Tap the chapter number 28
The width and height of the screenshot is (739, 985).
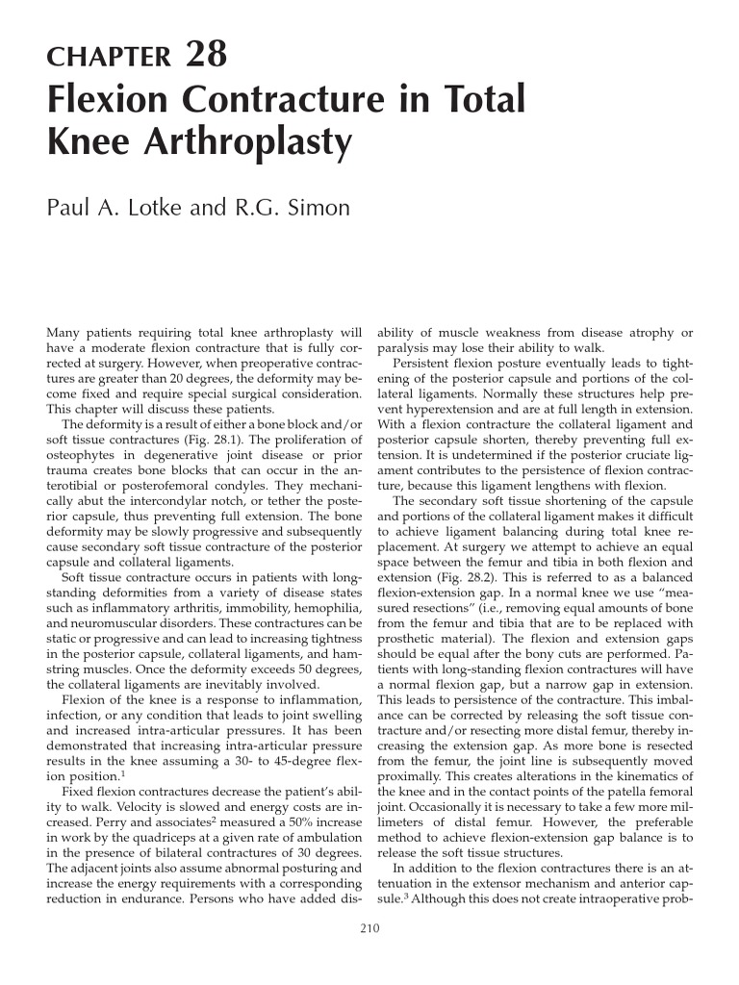pyautogui.click(x=206, y=55)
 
